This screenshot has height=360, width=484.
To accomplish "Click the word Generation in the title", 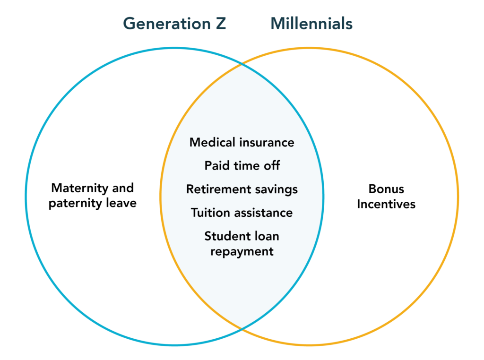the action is point(167,24).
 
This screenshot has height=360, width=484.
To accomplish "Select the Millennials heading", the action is point(311,24).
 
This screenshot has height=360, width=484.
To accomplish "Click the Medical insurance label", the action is point(242,143).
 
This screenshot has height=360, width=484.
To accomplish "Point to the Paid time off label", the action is point(242,166).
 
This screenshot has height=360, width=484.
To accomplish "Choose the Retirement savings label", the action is point(242,189).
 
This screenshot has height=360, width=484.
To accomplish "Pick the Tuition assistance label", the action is point(242,213).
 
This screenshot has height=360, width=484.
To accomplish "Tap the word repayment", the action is point(242,252).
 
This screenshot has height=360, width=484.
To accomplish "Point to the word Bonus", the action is point(386,189).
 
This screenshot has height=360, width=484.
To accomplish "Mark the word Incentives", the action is point(386,204).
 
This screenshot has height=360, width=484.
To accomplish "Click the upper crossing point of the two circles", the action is point(242,64).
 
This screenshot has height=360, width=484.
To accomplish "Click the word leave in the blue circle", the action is point(121,203).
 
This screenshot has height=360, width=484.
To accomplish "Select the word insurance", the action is point(267,143).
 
